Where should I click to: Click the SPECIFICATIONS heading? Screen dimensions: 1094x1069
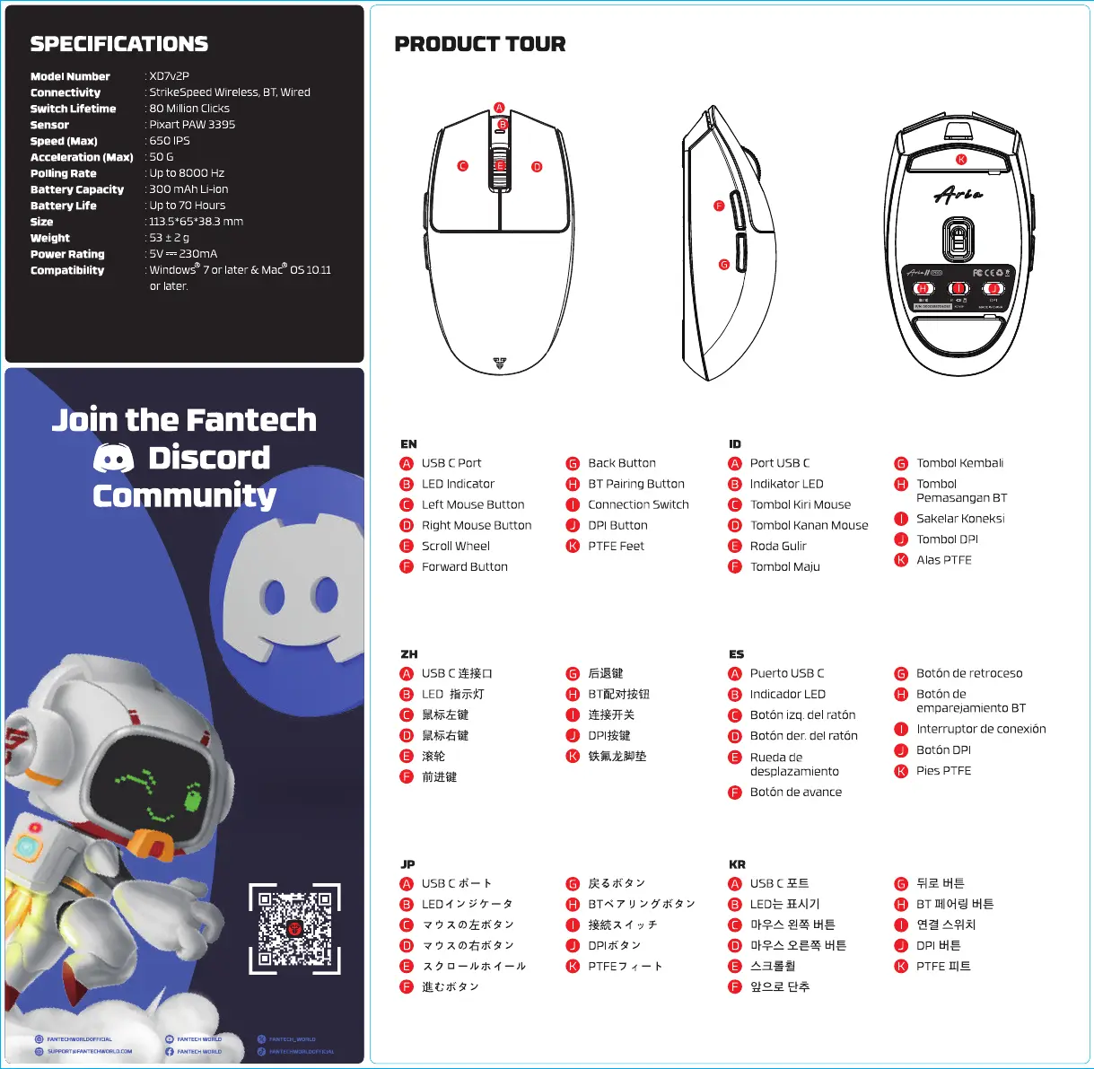(118, 44)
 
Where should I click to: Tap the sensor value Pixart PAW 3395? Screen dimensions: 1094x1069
(192, 125)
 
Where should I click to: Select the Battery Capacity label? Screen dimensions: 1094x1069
(77, 189)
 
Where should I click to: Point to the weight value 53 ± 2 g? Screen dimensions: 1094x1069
(169, 238)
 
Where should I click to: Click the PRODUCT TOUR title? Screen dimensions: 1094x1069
(480, 44)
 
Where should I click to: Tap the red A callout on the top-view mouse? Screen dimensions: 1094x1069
(499, 108)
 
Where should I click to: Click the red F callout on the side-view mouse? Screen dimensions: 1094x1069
(718, 206)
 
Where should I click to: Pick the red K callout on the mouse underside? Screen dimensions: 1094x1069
(961, 160)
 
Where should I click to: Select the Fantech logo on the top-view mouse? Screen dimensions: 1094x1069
(500, 364)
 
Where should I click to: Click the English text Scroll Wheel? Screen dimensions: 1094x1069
(456, 546)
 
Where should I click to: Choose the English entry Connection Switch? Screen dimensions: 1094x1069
(638, 504)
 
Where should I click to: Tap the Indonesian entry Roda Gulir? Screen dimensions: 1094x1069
(778, 546)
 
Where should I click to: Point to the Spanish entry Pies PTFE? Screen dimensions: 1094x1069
(943, 770)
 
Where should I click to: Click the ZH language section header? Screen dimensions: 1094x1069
(408, 654)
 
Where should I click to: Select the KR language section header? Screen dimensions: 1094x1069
(737, 864)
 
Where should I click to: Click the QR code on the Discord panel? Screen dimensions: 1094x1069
(294, 928)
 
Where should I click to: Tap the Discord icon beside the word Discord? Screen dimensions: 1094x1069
(114, 459)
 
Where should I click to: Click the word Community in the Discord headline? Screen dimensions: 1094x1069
(184, 496)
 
